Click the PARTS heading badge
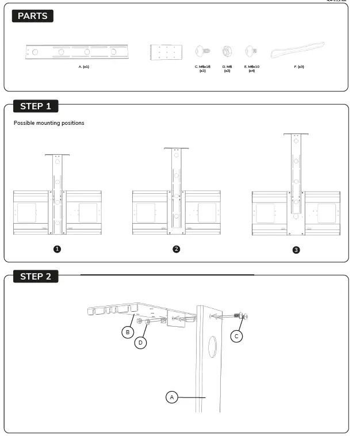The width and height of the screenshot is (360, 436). (32, 16)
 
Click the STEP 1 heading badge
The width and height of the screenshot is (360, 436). (36, 106)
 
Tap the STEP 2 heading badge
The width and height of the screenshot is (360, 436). (36, 277)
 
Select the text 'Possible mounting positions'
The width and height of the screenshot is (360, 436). (49, 123)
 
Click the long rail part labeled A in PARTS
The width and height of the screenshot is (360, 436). (76, 52)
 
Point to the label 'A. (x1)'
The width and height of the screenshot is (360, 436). (84, 67)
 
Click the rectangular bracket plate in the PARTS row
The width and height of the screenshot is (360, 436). (166, 52)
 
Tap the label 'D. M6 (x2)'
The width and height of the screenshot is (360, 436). (227, 68)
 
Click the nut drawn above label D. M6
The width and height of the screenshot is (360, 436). (227, 52)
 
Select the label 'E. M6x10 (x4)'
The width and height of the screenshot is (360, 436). (251, 68)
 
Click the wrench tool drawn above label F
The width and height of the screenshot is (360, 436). (297, 50)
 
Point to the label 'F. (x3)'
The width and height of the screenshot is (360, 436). (299, 67)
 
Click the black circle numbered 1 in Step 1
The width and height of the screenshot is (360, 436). (57, 249)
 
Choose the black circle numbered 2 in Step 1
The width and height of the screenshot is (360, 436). (176, 249)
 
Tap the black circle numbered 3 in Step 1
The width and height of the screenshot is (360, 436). (296, 250)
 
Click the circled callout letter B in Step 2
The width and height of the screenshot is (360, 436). (127, 332)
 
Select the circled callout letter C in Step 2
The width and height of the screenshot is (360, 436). (236, 336)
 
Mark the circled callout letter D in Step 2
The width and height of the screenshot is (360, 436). (140, 343)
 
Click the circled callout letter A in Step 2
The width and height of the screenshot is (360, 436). (171, 397)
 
